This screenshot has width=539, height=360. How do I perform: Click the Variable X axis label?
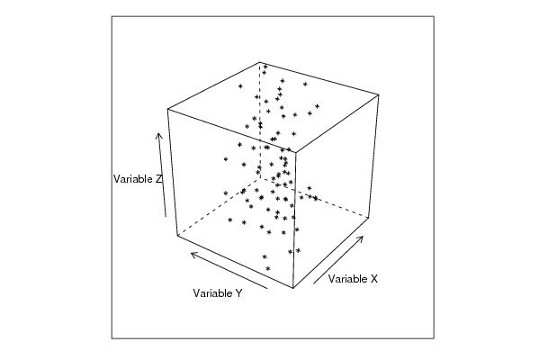[353, 279]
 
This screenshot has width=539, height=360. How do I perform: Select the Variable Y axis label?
[218, 293]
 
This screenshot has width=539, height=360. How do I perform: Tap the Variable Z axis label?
[138, 179]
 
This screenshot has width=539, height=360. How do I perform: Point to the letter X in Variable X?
[374, 279]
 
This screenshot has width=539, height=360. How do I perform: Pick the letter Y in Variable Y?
[238, 293]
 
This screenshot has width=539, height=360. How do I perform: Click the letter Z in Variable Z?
[158, 179]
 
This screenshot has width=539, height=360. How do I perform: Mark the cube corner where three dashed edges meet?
[260, 178]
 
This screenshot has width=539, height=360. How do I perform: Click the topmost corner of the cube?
[260, 62]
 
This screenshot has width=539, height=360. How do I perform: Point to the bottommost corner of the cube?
[292, 288]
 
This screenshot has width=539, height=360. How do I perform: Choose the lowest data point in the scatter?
[268, 268]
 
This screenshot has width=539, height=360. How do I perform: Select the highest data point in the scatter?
[265, 67]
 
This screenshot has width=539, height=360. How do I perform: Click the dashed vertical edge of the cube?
[260, 121]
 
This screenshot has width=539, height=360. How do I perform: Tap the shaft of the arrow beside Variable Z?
[162, 176]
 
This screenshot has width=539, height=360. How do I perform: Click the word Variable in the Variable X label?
[348, 279]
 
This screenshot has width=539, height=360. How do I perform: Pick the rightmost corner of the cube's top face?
[379, 94]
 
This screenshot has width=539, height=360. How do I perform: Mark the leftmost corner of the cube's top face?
[167, 109]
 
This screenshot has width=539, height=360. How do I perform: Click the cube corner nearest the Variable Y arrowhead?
[177, 236]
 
